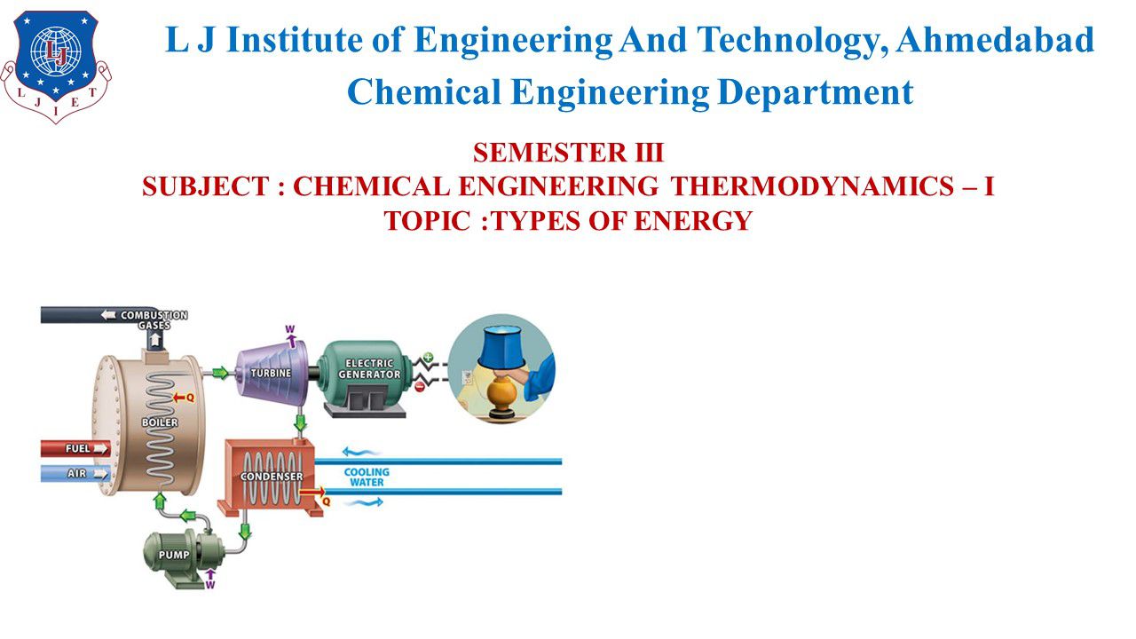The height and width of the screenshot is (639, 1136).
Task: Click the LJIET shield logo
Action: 56,67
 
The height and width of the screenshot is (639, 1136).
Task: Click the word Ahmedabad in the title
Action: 995,41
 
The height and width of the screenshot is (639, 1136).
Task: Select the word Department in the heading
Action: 816,93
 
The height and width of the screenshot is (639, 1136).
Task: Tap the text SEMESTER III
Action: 568,153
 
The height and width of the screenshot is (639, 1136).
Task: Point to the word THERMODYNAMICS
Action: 812,186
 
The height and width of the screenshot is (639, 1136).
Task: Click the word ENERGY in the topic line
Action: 693,221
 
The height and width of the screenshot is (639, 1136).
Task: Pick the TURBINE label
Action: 271,374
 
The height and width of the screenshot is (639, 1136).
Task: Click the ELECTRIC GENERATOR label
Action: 369,369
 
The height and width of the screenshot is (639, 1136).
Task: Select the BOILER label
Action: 160,422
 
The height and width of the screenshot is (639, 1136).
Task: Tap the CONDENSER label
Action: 272,477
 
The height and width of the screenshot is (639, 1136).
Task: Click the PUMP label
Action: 174,556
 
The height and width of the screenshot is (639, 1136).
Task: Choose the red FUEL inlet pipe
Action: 75,449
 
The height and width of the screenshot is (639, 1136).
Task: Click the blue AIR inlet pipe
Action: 75,474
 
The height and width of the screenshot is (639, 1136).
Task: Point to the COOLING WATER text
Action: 367,477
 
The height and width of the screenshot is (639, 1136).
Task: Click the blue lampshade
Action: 502,348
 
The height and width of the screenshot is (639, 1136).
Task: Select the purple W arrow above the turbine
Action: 290,336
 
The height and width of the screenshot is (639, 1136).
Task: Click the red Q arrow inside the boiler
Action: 183,398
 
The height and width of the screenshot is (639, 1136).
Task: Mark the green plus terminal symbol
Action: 429,357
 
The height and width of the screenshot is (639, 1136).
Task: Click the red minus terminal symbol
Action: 420,387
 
